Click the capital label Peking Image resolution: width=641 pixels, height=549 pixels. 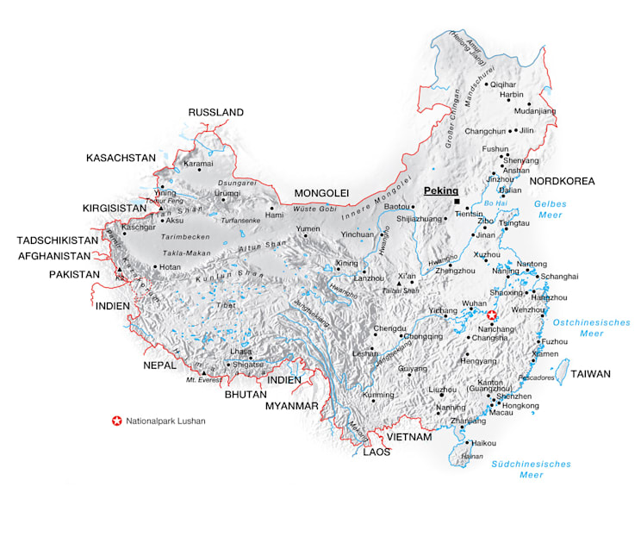[x=440, y=190]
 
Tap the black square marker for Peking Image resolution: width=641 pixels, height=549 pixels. [x=457, y=202]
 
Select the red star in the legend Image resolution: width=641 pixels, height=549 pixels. [x=116, y=421]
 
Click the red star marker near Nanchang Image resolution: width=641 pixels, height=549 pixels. [x=492, y=316]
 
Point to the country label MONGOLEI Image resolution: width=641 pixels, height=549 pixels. [x=320, y=192]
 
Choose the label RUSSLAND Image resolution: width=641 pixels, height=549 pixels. [x=215, y=112]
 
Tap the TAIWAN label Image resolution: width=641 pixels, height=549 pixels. [x=590, y=374]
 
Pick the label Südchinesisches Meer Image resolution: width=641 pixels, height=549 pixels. [x=531, y=469]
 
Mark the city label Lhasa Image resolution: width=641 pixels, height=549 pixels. [x=240, y=352]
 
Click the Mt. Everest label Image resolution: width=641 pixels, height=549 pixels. [x=203, y=379]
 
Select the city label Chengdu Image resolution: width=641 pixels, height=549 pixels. [x=389, y=328]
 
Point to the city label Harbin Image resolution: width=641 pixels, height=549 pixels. [x=512, y=95]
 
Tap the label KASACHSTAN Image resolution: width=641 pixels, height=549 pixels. [x=121, y=158]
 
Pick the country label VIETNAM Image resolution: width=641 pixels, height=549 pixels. [x=408, y=437]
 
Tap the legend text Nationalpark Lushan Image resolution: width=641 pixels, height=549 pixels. [x=165, y=421]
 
